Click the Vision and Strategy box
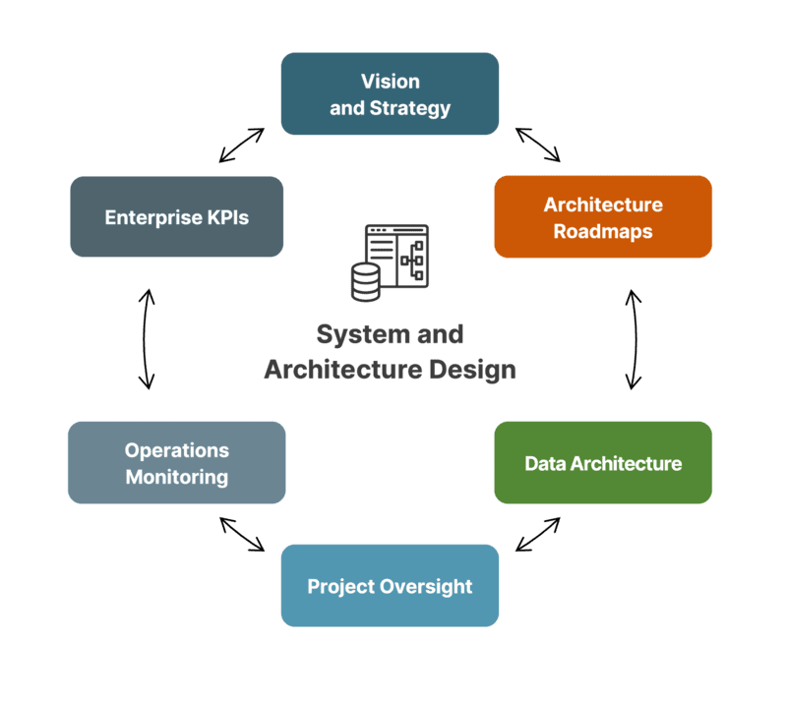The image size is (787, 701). (x=390, y=93)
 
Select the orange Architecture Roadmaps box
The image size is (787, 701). (x=603, y=217)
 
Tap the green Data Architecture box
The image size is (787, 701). (x=603, y=463)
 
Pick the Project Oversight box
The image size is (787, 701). (x=390, y=586)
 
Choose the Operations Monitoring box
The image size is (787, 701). (x=176, y=463)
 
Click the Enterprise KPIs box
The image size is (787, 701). (x=177, y=217)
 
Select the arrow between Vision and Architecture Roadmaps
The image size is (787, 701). (x=538, y=144)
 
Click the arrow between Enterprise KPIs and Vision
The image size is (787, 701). (x=242, y=144)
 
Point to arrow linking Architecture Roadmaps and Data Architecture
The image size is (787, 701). (x=635, y=339)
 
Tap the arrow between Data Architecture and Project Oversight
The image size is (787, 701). (x=538, y=534)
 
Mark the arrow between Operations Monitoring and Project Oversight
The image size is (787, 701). (x=242, y=534)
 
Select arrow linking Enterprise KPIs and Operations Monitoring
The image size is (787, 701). (x=147, y=339)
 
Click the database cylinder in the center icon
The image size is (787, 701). (x=365, y=280)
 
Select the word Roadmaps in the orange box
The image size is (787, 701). (x=603, y=232)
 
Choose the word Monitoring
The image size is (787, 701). (x=176, y=478)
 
